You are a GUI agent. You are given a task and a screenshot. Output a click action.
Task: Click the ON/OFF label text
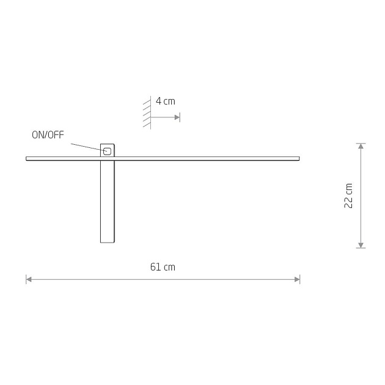(x=48, y=135)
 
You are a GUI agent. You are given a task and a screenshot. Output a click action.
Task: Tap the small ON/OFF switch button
(x=108, y=152)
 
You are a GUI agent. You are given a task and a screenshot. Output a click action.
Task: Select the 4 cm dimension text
(x=166, y=101)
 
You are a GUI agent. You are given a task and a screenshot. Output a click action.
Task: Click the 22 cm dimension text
(x=348, y=196)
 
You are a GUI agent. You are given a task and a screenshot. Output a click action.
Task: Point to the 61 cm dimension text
(x=163, y=267)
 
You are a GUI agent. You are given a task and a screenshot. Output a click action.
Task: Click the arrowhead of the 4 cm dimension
(x=177, y=117)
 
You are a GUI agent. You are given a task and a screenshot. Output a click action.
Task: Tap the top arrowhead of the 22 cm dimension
(x=361, y=146)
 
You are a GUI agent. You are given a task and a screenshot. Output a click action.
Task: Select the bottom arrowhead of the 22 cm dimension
(x=361, y=245)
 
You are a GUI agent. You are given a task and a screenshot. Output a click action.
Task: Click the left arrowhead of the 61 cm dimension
(x=29, y=279)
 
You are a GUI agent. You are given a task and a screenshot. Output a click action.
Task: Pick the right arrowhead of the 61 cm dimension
(x=297, y=279)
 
